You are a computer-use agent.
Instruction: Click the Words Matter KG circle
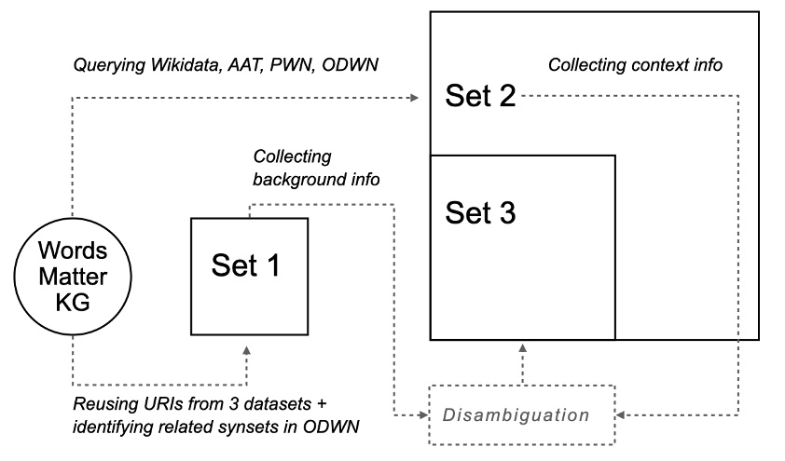tap(72, 277)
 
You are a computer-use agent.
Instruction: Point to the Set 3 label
tap(480, 212)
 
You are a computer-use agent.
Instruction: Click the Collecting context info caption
tap(635, 66)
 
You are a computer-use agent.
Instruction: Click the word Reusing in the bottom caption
tap(100, 402)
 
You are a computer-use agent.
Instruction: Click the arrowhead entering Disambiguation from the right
tap(623, 414)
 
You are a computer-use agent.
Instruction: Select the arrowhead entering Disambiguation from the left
tap(421, 414)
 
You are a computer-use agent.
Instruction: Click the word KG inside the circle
tap(72, 302)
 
